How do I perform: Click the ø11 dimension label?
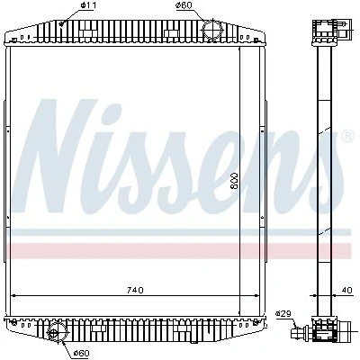tap(88, 5)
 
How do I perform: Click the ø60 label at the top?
tap(184, 5)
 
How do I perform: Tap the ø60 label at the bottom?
tap(82, 353)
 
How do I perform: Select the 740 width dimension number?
tap(135, 290)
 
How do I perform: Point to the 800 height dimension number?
tap(234, 181)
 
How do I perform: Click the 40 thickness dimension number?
tap(346, 290)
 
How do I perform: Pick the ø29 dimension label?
tap(283, 314)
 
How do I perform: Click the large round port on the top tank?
tap(212, 29)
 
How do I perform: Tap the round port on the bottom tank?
tap(54, 333)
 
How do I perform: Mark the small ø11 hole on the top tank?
tap(62, 23)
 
